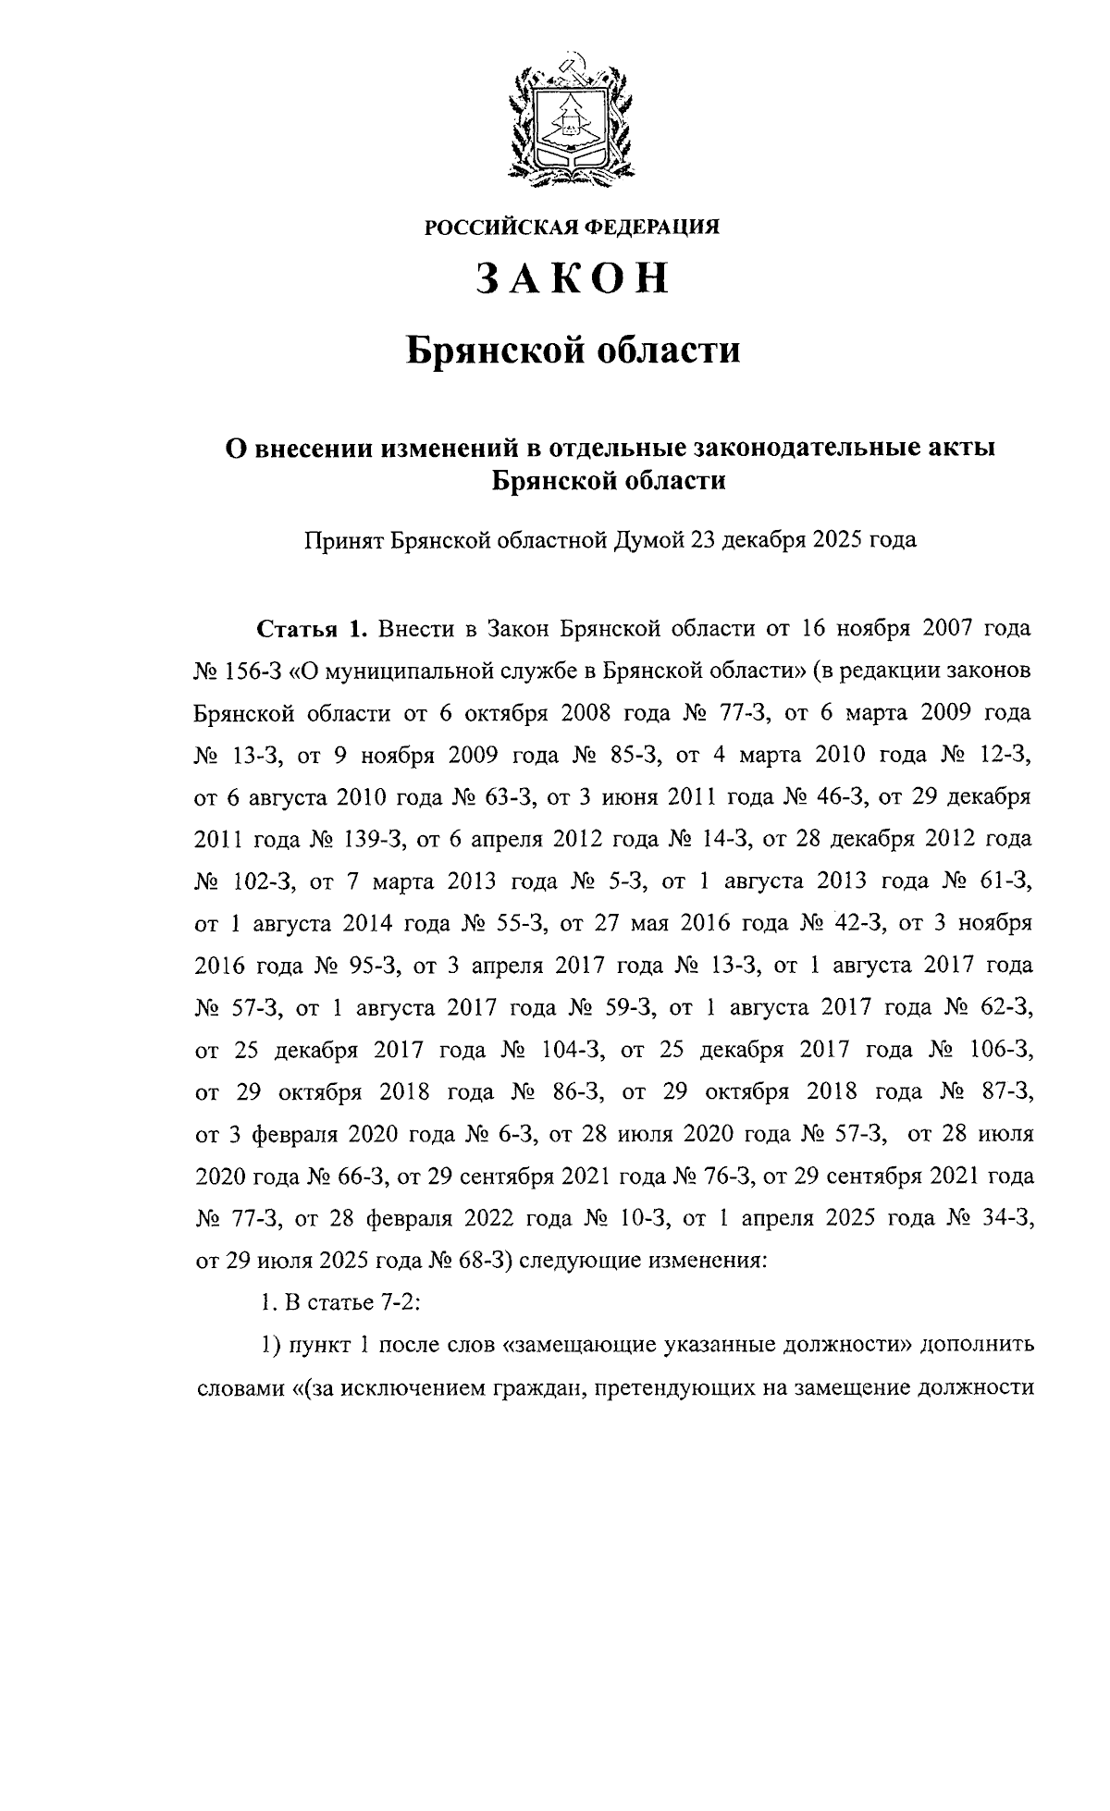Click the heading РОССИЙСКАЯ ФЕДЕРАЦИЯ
click(572, 227)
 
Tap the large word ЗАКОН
click(572, 278)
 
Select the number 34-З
click(998, 1218)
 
